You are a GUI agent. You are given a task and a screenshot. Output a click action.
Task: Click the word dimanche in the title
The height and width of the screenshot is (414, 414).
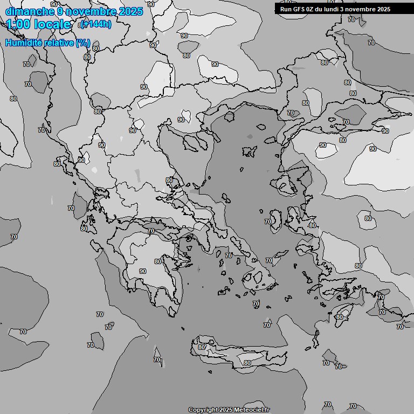(x=29, y=11)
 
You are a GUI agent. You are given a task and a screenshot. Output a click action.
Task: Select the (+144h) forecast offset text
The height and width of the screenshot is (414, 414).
(x=96, y=24)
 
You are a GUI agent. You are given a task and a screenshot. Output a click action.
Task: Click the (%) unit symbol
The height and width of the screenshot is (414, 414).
(x=83, y=43)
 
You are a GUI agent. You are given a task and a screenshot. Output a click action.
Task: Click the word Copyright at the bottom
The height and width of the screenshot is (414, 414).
(x=203, y=410)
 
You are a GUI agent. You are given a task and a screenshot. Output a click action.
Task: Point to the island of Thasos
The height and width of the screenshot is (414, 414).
(x=229, y=116)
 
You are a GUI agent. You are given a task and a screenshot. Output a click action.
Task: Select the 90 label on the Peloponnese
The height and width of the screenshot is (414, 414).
(x=142, y=271)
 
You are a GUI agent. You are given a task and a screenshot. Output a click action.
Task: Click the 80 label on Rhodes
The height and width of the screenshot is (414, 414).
(x=339, y=317)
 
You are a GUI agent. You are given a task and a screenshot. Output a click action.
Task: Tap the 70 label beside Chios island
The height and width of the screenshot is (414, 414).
(x=268, y=222)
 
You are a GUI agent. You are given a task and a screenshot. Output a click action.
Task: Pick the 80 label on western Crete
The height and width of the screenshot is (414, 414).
(x=201, y=347)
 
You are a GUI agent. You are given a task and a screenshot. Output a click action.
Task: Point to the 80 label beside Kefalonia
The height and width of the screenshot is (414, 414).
(x=84, y=229)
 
